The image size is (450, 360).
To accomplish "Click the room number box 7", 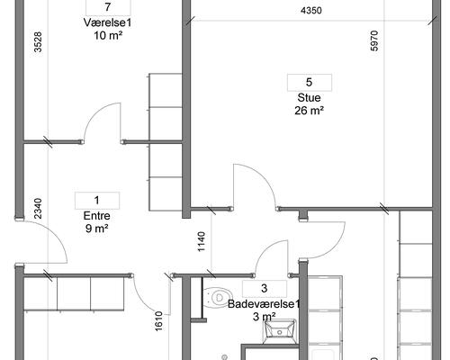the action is [x=108, y=7].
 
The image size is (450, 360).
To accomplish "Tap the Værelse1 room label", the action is [x=108, y=22].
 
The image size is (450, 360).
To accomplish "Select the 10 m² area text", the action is [x=108, y=36].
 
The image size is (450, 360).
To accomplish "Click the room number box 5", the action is [x=310, y=82].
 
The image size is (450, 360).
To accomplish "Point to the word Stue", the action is [x=309, y=98].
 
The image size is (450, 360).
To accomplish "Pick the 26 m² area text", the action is [x=309, y=111].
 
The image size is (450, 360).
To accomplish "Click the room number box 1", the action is [x=97, y=201].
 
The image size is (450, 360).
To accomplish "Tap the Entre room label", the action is [x=96, y=216].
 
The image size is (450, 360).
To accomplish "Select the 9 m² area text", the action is [x=96, y=229].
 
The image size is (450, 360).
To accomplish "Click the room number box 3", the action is [x=265, y=289].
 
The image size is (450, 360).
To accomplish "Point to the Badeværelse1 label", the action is [x=264, y=304].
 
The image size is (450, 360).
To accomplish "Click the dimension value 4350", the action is [x=311, y=11].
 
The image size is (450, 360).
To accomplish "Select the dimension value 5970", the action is [x=374, y=40].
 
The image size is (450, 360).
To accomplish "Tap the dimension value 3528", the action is [x=38, y=42].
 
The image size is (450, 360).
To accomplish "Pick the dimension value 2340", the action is [x=38, y=209].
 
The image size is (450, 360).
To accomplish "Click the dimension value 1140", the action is [x=202, y=242].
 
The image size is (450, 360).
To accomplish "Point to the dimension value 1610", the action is [x=158, y=321].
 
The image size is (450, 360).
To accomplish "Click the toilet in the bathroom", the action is [x=218, y=298].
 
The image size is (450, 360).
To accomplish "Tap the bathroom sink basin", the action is [x=279, y=331].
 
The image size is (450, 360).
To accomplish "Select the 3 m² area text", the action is [x=264, y=317].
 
